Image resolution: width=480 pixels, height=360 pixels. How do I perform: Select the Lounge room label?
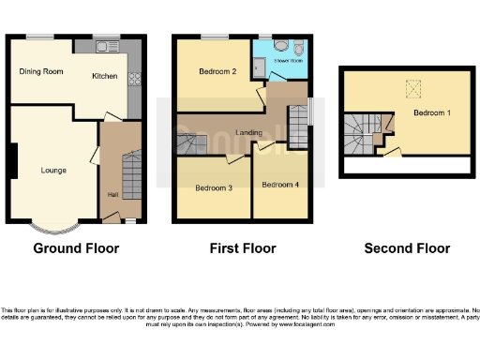tap(52, 171)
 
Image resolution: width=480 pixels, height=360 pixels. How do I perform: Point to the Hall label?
tap(112, 195)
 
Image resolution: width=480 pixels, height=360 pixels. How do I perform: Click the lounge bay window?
tap(52, 226)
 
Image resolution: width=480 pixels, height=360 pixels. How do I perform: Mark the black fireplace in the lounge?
tap(12, 164)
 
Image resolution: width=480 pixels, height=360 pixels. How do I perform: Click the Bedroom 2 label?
tap(217, 71)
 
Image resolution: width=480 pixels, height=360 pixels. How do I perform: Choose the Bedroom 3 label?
tap(213, 187)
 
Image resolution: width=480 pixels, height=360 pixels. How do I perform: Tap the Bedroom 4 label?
tap(279, 184)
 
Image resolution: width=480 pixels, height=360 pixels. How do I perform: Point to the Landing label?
tap(248, 133)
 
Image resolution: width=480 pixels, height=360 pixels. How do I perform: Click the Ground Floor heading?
tap(76, 248)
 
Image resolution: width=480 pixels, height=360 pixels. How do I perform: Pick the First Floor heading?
tap(242, 248)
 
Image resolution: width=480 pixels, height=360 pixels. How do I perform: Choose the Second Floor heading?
tap(407, 248)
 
